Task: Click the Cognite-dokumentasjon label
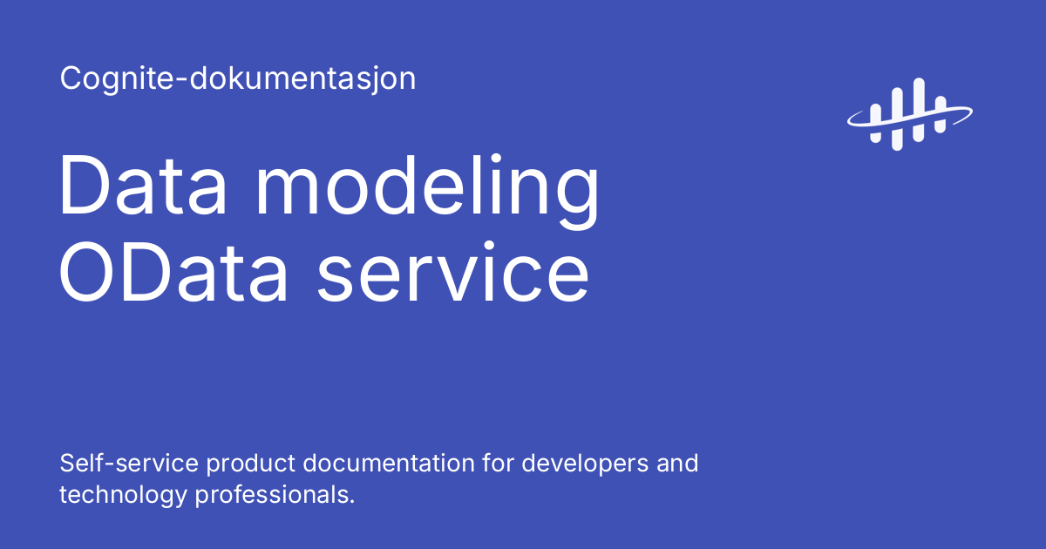[237, 79]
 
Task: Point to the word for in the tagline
[498, 463]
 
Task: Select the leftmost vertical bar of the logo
[876, 122]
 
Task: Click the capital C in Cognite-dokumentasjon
[71, 79]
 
